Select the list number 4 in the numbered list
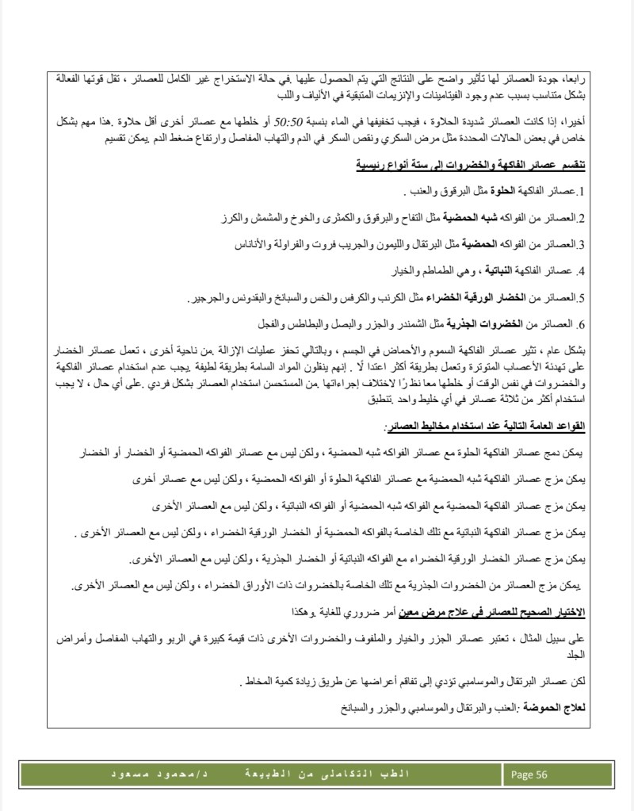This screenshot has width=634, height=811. coord(581,271)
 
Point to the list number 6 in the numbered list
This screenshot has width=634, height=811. coord(581,324)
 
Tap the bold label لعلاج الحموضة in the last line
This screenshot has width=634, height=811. coord(557,706)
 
